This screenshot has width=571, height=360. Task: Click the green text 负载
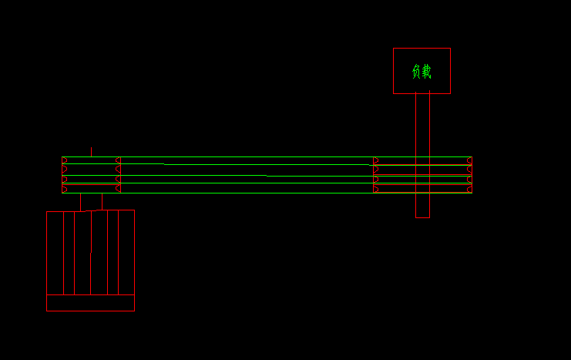(x=422, y=72)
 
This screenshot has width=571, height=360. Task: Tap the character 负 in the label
(x=417, y=72)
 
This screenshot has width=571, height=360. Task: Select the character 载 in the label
(x=426, y=72)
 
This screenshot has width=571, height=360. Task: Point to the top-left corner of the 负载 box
(x=394, y=49)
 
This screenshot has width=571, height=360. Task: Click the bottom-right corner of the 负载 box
(x=450, y=93)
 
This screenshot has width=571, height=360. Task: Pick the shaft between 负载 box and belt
(x=422, y=123)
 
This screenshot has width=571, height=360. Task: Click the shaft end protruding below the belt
(x=422, y=206)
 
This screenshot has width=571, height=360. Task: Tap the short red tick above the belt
(x=91, y=152)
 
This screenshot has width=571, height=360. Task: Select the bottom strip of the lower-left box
(x=90, y=302)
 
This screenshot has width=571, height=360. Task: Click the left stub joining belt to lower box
(x=80, y=201)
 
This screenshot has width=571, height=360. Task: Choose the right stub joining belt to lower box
(x=102, y=201)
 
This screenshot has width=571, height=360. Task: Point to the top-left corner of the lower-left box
(x=47, y=210)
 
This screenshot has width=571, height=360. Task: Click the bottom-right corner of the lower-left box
(x=134, y=311)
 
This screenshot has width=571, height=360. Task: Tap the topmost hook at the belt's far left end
(x=65, y=160)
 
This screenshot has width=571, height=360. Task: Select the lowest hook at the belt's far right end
(x=469, y=188)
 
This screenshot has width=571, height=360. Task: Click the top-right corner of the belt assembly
(x=472, y=157)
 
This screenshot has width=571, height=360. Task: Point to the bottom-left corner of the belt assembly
(x=62, y=193)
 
